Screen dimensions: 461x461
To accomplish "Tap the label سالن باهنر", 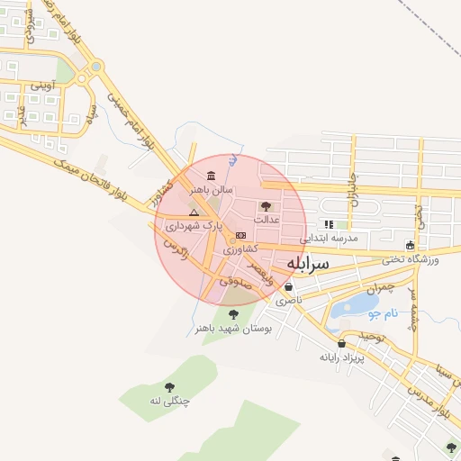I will click(x=210, y=190).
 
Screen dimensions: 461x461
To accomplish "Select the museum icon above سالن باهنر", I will click(x=211, y=176).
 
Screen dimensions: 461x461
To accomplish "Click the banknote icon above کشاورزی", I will click(x=240, y=235).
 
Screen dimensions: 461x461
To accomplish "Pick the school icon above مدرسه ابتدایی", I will click(x=330, y=224).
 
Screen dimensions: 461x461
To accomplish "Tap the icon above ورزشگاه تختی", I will click(x=411, y=245).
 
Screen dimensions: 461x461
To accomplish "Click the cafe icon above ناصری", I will click(x=288, y=287).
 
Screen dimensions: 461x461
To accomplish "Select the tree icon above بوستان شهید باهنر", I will click(x=234, y=314).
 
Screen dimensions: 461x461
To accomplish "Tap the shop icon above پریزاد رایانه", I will click(x=341, y=343).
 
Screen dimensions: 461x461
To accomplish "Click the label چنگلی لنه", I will click(x=170, y=402).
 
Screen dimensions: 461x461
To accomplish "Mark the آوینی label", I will click(x=43, y=86).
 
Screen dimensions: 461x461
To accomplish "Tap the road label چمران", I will click(x=381, y=288).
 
